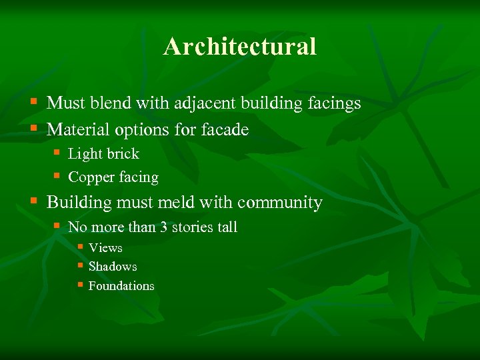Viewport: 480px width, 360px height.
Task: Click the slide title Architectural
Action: (240, 47)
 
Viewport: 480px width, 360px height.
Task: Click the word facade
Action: (225, 129)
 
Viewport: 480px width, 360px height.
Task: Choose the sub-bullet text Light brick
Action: (103, 154)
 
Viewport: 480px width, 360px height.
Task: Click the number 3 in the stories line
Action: (163, 227)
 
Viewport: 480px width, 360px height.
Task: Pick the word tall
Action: (227, 227)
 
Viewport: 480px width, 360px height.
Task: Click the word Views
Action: (105, 248)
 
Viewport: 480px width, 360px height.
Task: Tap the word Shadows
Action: (113, 267)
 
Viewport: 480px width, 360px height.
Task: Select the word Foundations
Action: (121, 286)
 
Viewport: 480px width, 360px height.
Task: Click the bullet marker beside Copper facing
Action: (57, 176)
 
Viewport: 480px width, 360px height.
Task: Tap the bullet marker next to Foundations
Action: (79, 285)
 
